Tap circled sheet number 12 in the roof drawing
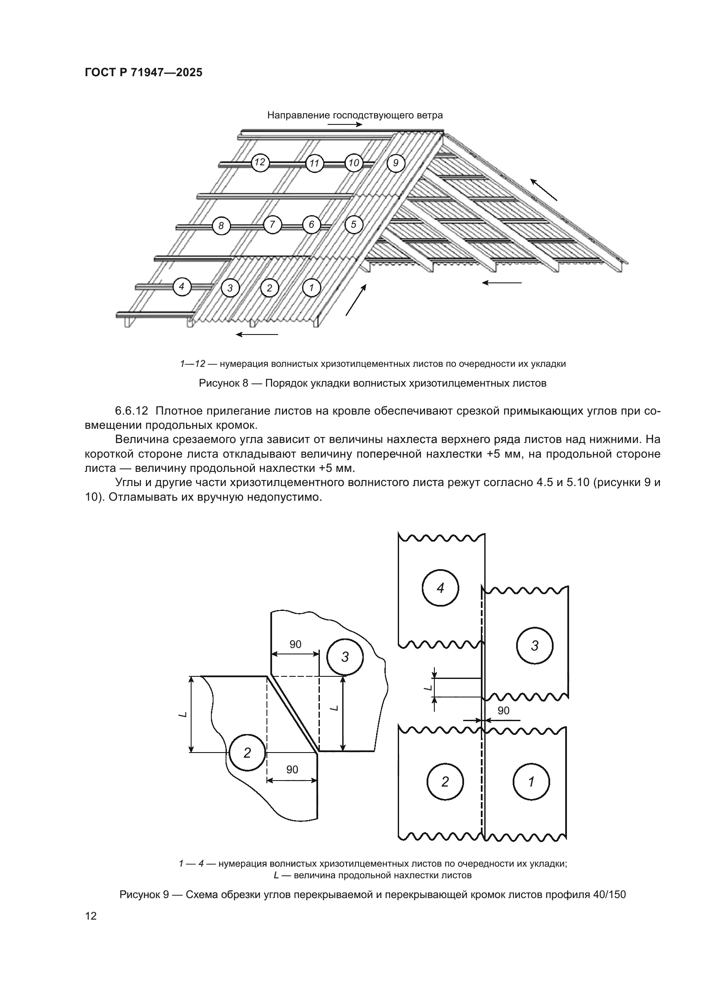[x=260, y=163]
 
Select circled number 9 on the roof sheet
[x=396, y=163]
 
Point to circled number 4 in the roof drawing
[x=182, y=287]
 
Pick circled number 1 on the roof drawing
[x=312, y=288]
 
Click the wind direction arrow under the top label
[x=345, y=124]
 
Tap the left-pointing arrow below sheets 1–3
[x=257, y=335]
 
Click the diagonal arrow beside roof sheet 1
[x=356, y=300]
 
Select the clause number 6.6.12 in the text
[x=132, y=411]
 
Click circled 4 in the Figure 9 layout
[x=440, y=588]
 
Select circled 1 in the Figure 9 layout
[x=531, y=781]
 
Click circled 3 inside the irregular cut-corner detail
[x=345, y=657]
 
